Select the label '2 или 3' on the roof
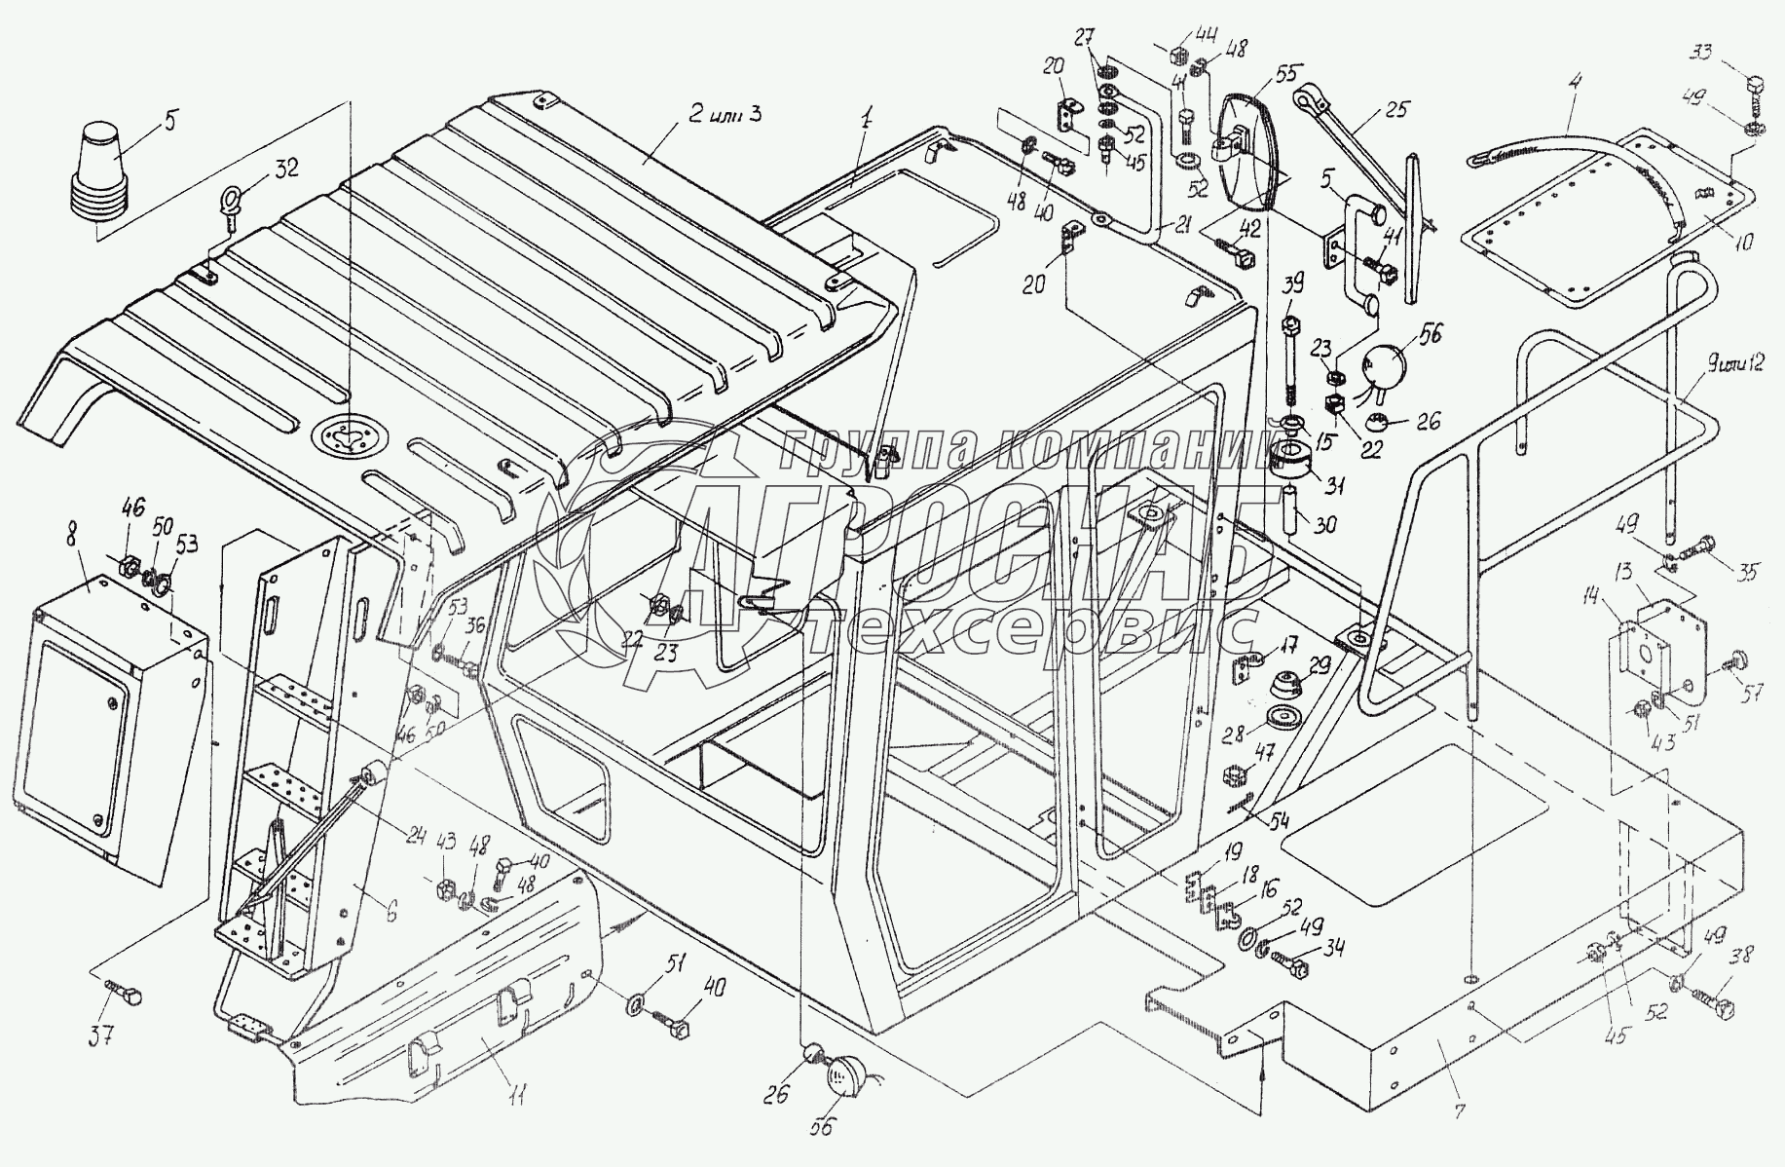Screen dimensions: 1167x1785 pos(717,114)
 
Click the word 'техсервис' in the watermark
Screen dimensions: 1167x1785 pos(1032,630)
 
